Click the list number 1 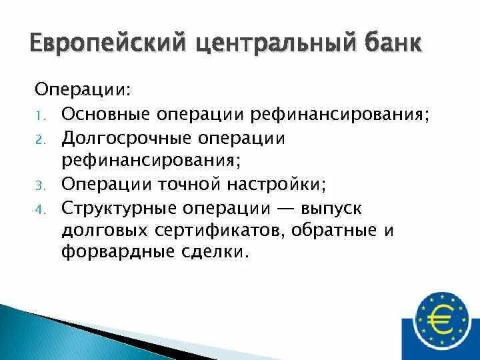[x=39, y=115]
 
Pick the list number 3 [x=39, y=184]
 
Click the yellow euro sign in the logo [x=441, y=319]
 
